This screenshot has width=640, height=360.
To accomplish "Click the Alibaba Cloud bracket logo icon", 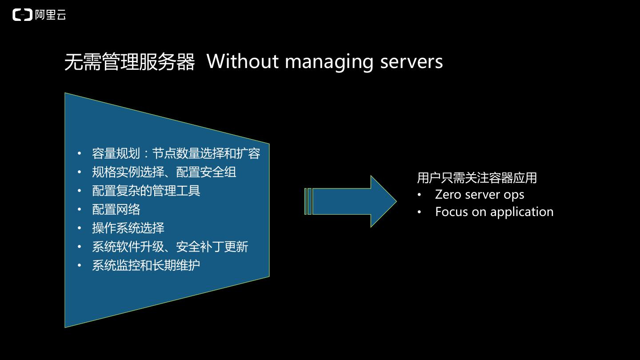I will [x=22, y=15].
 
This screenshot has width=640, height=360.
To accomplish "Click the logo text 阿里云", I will [x=51, y=15].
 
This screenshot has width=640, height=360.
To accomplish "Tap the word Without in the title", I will [x=243, y=61].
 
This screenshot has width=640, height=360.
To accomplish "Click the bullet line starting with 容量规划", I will [x=176, y=153].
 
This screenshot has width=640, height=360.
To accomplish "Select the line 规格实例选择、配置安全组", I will [x=164, y=172].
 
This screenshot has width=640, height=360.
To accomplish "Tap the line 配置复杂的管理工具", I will [x=146, y=191].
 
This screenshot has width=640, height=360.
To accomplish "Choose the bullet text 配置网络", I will [x=116, y=209].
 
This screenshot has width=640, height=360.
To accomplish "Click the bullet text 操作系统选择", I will [x=128, y=228].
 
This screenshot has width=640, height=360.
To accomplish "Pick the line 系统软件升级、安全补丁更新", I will [x=170, y=247].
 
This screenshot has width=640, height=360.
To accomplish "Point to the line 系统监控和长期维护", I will [x=146, y=265].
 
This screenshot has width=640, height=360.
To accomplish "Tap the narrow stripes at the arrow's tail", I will [x=308, y=201].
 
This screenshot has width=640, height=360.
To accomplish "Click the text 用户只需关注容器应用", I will [x=476, y=178].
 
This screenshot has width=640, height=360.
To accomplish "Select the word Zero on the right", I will [x=448, y=195].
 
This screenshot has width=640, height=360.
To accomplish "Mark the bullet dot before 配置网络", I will [x=80, y=209].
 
